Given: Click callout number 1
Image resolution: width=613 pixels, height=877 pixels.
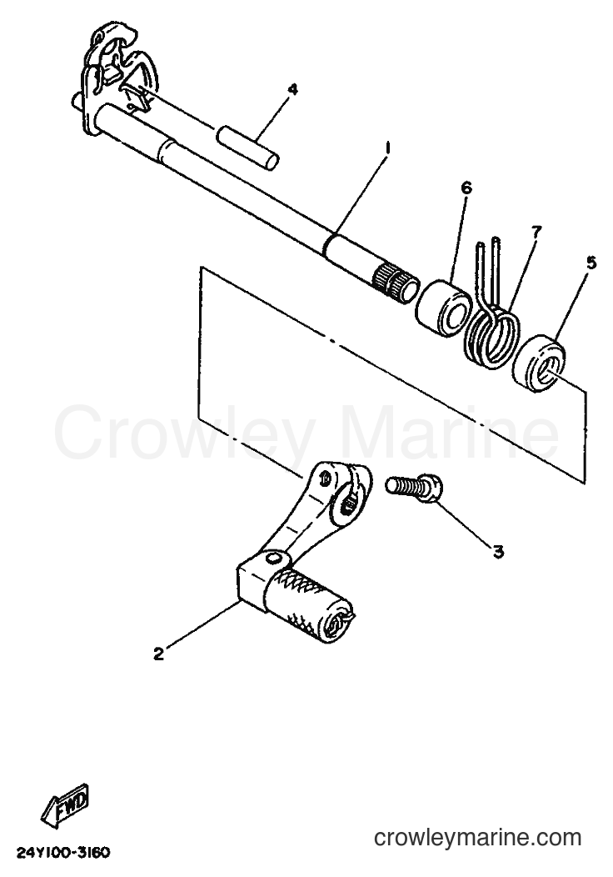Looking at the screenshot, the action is (386, 148).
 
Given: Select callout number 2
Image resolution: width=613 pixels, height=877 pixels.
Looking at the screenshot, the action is (159, 654).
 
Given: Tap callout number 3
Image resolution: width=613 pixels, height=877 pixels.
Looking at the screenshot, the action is (498, 552).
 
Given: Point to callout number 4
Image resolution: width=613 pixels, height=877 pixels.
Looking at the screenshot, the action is (292, 90).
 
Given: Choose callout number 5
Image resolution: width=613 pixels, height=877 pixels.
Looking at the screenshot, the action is (591, 263).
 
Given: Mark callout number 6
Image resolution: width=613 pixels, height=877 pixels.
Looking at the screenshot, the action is (466, 188).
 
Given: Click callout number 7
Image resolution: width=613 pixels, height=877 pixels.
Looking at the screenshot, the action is (536, 232).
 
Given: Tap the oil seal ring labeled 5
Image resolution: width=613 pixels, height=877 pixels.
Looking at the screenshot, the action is (539, 362).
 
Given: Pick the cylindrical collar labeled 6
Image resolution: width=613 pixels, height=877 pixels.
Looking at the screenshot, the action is (444, 308).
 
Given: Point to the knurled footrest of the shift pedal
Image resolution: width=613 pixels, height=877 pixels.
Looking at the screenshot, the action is (307, 606).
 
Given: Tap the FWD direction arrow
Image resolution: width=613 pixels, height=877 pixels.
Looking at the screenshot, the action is (65, 804).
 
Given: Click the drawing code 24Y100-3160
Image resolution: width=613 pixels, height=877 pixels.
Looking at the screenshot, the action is (63, 852).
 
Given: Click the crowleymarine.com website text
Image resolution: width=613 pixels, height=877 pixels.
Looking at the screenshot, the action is (478, 837).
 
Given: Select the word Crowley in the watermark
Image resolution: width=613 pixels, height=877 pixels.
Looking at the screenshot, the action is (182, 433).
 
